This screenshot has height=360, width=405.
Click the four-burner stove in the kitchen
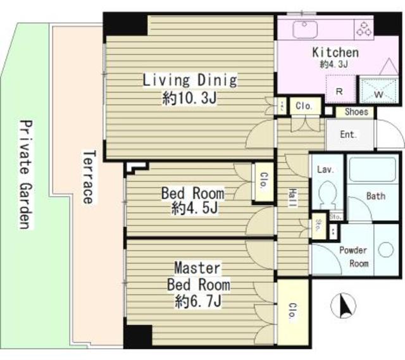[x=363, y=29]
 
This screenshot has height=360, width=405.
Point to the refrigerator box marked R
[x=340, y=89]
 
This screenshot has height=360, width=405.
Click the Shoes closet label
[x=356, y=112]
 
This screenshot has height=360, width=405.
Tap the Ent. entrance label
[x=348, y=134]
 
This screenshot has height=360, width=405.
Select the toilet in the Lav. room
[x=327, y=194]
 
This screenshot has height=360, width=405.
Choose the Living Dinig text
[x=189, y=80]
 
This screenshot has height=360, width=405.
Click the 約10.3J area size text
[x=189, y=99]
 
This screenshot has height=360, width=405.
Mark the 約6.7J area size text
[x=197, y=302]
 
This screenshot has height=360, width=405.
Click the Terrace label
[x=88, y=177]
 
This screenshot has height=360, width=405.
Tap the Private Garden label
[x=24, y=174]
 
